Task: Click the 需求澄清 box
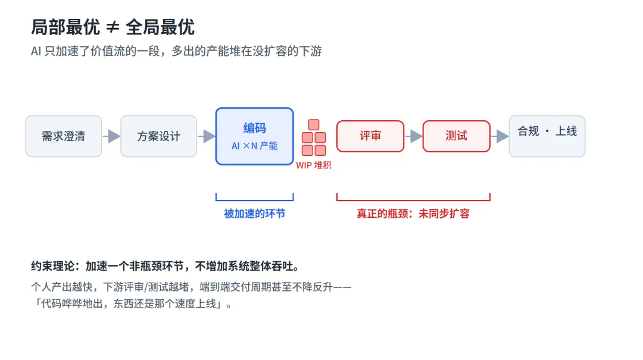pyautogui.click(x=64, y=136)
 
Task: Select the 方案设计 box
pyautogui.click(x=159, y=136)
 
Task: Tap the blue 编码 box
pyautogui.click(x=255, y=136)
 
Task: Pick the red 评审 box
pyautogui.click(x=370, y=136)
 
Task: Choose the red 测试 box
pyautogui.click(x=457, y=136)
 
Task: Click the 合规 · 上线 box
pyautogui.click(x=547, y=136)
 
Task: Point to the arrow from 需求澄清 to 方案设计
pyautogui.click(x=111, y=136)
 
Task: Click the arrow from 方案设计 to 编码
pyautogui.click(x=207, y=136)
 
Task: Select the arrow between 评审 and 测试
pyautogui.click(x=413, y=136)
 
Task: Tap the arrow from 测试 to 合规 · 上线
pyautogui.click(x=500, y=136)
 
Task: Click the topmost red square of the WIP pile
pyautogui.click(x=314, y=124)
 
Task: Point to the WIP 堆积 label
pyautogui.click(x=314, y=165)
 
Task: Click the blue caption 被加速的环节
pyautogui.click(x=255, y=214)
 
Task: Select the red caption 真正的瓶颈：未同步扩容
pyautogui.click(x=413, y=214)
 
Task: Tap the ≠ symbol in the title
pyautogui.click(x=113, y=27)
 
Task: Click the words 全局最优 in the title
pyautogui.click(x=160, y=27)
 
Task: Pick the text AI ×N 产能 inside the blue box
pyautogui.click(x=255, y=146)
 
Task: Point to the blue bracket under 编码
pyautogui.click(x=255, y=200)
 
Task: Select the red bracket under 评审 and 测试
pyautogui.click(x=413, y=200)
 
